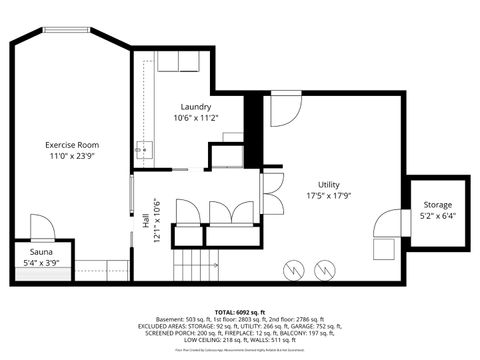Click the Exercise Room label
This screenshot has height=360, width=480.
click(x=72, y=145)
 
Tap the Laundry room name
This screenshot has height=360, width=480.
click(x=196, y=106)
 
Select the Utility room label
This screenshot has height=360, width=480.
click(x=329, y=184)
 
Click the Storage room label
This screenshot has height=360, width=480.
click(x=437, y=204)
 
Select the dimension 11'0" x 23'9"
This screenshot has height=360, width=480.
click(x=72, y=157)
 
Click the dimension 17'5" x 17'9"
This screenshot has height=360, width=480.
click(x=329, y=196)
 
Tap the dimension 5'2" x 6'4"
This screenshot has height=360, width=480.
click(x=437, y=215)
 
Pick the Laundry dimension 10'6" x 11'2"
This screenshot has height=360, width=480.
click(x=196, y=118)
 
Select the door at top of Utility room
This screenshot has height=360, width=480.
click(x=283, y=110)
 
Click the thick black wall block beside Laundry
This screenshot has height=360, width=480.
click(x=253, y=130)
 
